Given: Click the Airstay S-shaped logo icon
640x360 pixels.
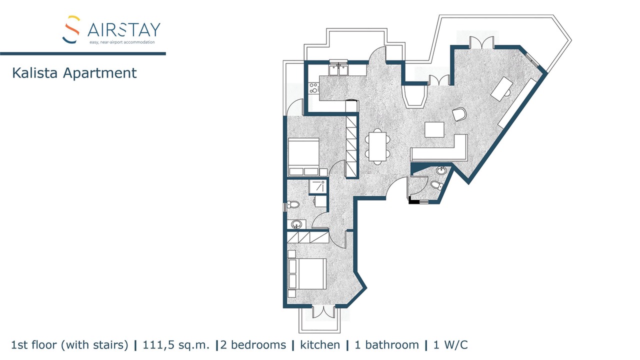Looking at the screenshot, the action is pos(71,29).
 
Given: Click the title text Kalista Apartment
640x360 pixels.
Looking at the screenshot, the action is pos(74,73).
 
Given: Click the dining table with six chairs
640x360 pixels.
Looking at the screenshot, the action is pos(377,146).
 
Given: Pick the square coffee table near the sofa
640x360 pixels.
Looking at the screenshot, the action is pos(434,129).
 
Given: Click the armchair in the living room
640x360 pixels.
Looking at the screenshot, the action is pos(459,114).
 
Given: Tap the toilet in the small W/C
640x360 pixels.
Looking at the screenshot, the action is pos(437,185).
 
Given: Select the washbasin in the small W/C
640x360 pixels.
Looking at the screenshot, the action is pos(441,170).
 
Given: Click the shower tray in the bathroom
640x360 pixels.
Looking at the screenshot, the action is pos(317,186).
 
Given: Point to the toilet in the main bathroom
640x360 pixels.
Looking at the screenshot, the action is pos(293,204).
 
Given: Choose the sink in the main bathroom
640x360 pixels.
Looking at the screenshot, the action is pos(296,224).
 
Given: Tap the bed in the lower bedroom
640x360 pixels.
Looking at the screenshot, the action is pos(307,274).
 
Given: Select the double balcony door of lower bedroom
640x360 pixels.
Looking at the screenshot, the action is pos(323,311).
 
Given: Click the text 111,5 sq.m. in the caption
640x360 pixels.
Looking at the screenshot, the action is pos(176,345).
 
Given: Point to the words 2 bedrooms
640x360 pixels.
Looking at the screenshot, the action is pos(253,345).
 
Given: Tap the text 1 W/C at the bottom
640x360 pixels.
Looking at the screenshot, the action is pos(450,345).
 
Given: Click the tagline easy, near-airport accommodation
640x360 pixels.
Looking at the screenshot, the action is pos(122,42).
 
